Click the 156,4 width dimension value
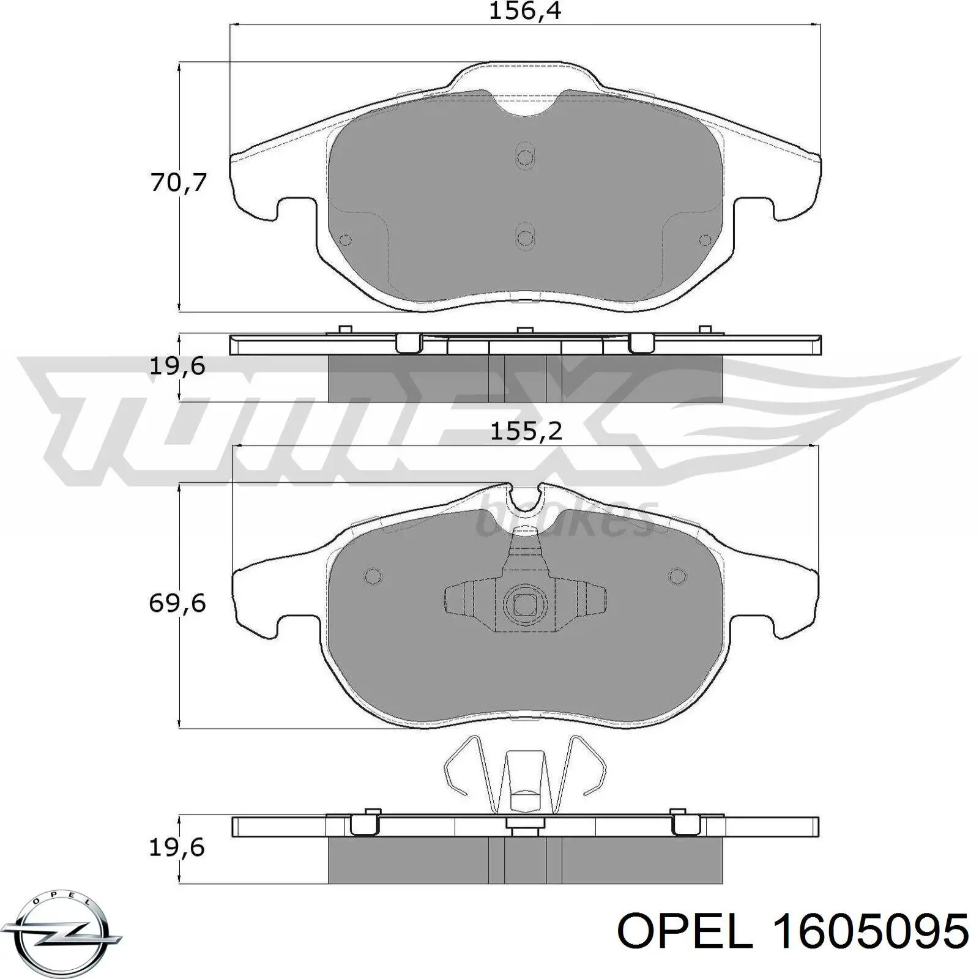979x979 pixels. pyautogui.click(x=524, y=12)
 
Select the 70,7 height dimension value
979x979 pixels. pyautogui.click(x=179, y=183)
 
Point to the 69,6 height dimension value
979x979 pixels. pyautogui.click(x=177, y=604)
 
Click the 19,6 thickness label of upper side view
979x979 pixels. pyautogui.click(x=177, y=367)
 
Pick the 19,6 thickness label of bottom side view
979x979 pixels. pyautogui.click(x=177, y=847)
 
